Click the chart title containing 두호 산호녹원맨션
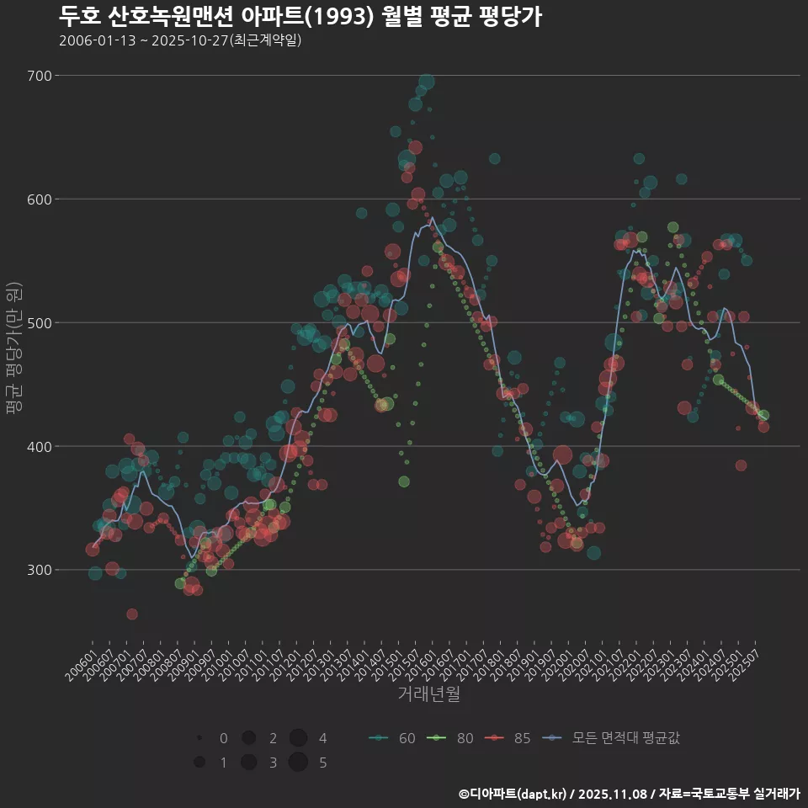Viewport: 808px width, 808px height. [x=300, y=16]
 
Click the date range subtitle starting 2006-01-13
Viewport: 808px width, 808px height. [x=180, y=40]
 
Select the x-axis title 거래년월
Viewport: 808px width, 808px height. [x=428, y=694]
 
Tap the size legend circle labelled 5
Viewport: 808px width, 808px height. [x=298, y=763]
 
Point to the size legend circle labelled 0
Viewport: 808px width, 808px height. [x=199, y=738]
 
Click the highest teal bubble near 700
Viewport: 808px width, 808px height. [x=427, y=82]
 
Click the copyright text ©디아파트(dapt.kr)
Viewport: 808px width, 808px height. [x=513, y=794]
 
